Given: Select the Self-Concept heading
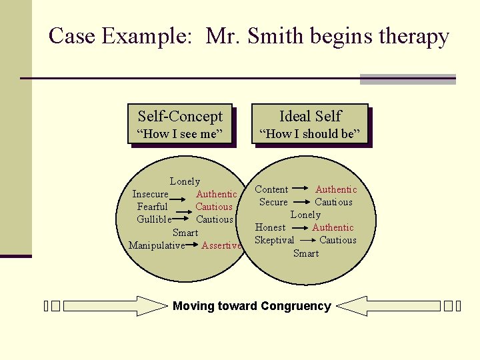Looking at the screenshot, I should click(x=180, y=116).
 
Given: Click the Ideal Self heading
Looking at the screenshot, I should click(x=310, y=116).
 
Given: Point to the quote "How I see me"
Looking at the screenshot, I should click(x=180, y=134).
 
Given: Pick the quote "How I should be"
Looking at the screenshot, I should click(x=310, y=134).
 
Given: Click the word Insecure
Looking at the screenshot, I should click(x=150, y=194).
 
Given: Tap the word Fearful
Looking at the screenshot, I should click(x=152, y=207).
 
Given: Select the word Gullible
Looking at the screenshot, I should click(x=154, y=219).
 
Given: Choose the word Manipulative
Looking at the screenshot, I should click(x=156, y=245).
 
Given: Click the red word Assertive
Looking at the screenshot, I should click(x=221, y=245).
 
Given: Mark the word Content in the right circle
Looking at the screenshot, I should click(x=271, y=190).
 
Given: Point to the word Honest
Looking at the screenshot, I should click(x=270, y=227).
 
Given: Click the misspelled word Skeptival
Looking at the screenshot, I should click(x=274, y=240).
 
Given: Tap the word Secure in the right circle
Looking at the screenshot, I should click(x=273, y=202).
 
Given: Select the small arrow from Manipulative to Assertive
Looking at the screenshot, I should click(x=193, y=244).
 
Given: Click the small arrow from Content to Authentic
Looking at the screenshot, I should click(x=301, y=189).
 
